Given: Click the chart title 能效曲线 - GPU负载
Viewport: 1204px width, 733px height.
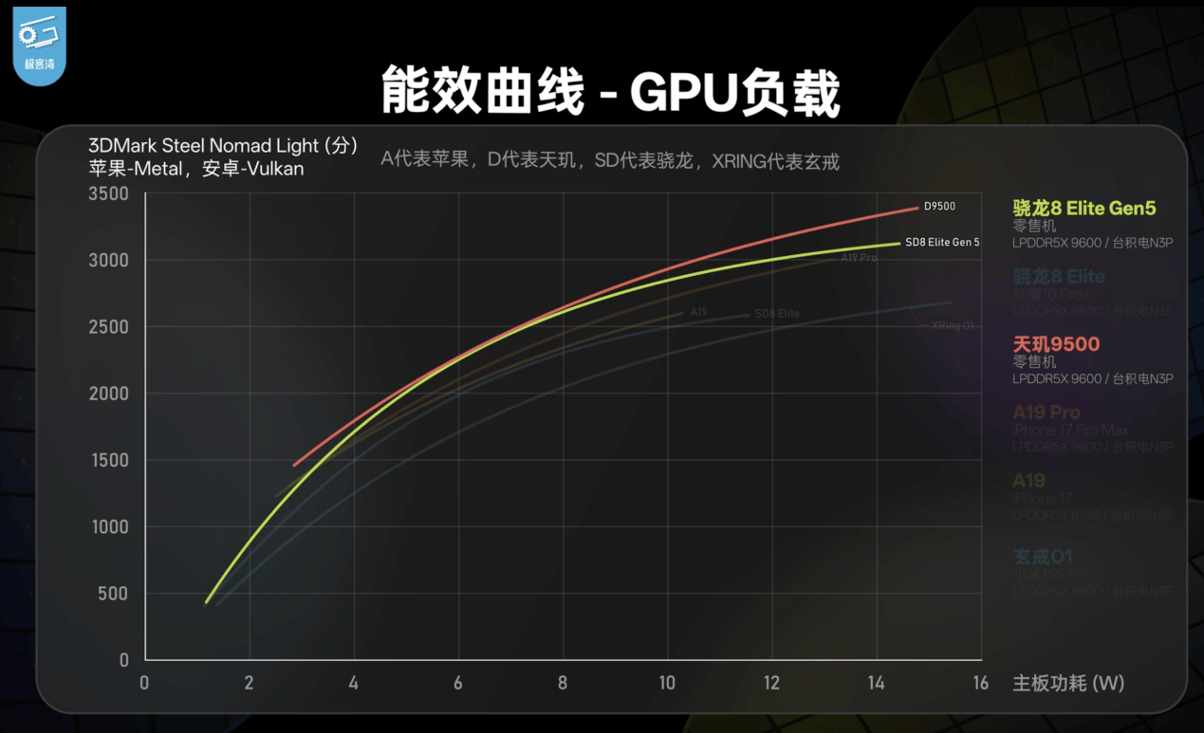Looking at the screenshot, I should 610,93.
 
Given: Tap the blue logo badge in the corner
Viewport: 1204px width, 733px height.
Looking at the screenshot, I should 39,45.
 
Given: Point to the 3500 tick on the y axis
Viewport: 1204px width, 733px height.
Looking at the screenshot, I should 108,193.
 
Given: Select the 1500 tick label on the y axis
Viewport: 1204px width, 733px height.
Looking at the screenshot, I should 108,460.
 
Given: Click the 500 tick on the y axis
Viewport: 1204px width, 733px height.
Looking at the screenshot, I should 112,594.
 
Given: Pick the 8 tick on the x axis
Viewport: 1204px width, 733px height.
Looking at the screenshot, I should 563,683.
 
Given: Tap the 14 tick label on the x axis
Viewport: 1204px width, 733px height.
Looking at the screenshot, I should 876,683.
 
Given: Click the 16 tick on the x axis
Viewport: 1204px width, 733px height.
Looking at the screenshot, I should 980,683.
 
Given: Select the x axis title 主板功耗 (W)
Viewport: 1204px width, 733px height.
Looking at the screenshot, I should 1068,683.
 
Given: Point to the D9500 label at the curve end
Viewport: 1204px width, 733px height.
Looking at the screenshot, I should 939,207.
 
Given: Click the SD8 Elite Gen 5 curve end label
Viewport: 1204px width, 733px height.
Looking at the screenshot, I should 942,243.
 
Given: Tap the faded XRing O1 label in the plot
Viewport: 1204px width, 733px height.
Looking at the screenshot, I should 953,325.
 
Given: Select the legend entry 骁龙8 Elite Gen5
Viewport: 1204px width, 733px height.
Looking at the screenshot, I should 1084,209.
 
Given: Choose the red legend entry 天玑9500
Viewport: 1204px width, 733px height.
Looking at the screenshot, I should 1056,344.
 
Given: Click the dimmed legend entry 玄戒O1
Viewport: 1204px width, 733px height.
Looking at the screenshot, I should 1043,557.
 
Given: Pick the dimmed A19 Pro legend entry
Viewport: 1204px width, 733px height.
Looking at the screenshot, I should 1047,412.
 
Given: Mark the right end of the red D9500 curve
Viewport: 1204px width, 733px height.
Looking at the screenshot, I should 917,207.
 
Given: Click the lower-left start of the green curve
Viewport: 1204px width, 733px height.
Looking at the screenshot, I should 207,601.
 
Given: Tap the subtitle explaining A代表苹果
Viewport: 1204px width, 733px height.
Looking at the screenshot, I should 610,160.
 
